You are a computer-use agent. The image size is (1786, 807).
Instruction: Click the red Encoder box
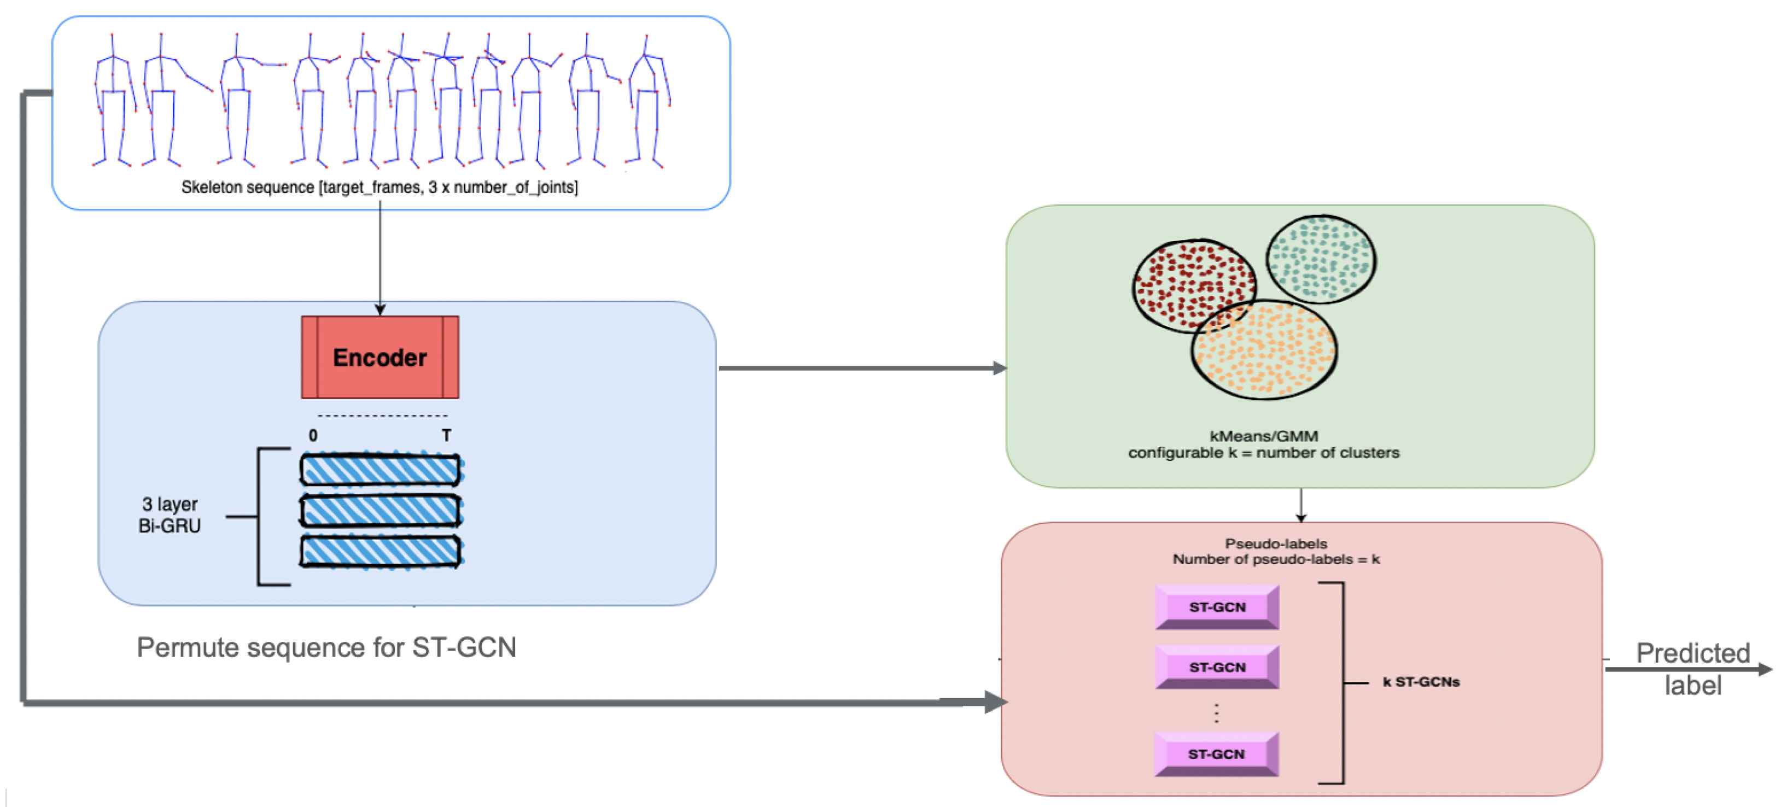click(380, 357)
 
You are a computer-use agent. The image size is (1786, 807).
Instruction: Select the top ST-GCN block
click(1217, 607)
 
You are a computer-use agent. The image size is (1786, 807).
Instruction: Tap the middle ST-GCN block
click(1217, 667)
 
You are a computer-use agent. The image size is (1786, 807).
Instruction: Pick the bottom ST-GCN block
click(1217, 753)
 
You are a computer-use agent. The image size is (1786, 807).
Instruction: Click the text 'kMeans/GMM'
click(1264, 436)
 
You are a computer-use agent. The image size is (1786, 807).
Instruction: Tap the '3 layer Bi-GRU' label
click(170, 514)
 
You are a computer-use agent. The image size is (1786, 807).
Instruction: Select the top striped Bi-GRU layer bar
click(381, 470)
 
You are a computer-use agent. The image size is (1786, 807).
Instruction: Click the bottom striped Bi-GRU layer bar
click(381, 552)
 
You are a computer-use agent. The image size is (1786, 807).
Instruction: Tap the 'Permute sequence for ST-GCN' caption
click(326, 647)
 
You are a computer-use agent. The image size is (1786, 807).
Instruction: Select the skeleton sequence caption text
click(380, 187)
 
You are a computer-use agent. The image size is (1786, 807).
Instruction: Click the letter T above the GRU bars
click(446, 435)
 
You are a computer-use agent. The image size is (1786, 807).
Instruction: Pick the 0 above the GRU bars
click(313, 435)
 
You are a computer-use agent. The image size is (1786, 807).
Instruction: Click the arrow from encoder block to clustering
click(863, 367)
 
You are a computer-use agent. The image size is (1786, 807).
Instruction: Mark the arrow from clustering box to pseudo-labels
click(1300, 505)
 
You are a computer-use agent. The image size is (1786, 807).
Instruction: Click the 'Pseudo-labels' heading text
click(1276, 543)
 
